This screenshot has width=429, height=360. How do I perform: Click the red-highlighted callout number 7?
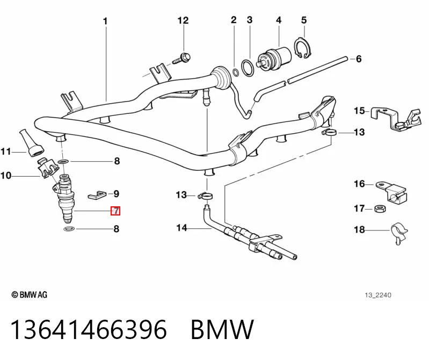click(x=115, y=211)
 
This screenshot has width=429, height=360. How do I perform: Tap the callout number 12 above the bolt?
click(x=183, y=20)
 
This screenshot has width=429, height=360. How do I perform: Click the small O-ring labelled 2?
click(x=235, y=73)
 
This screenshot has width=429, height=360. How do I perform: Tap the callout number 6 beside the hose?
click(x=359, y=59)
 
